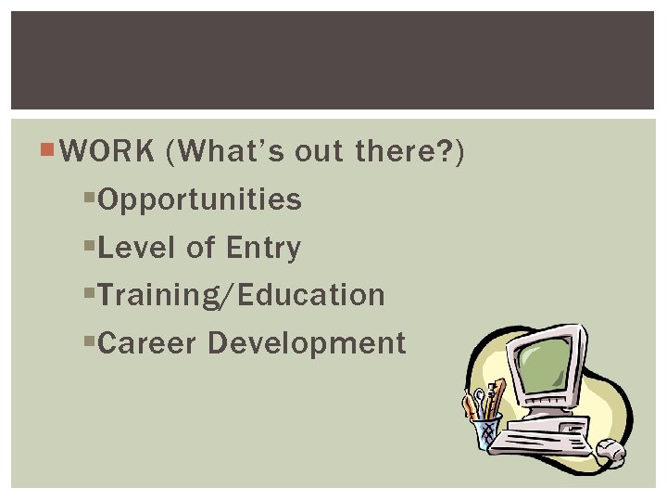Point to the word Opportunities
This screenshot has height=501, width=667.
pyautogui.click(x=199, y=199)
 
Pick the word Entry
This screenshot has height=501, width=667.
pyautogui.click(x=263, y=248)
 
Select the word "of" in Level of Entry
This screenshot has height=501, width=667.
pyautogui.click(x=199, y=248)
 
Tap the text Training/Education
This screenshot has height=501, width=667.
pyautogui.click(x=240, y=296)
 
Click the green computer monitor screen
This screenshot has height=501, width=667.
pyautogui.click(x=547, y=365)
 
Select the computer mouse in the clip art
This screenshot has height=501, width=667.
pyautogui.click(x=610, y=451)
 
